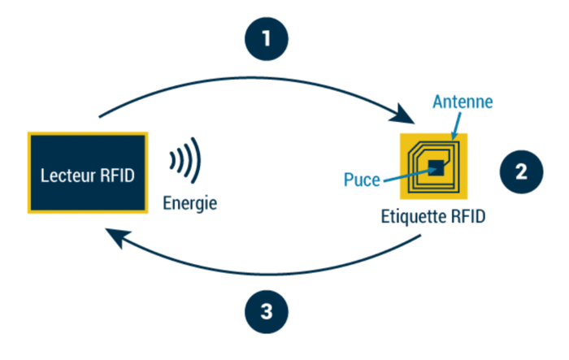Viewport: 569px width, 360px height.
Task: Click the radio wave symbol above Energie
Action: (x=185, y=162)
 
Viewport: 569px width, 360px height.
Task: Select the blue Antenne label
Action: (x=463, y=102)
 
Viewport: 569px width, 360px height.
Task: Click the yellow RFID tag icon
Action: (x=434, y=166)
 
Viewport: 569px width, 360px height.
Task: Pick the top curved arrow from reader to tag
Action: (x=244, y=83)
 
